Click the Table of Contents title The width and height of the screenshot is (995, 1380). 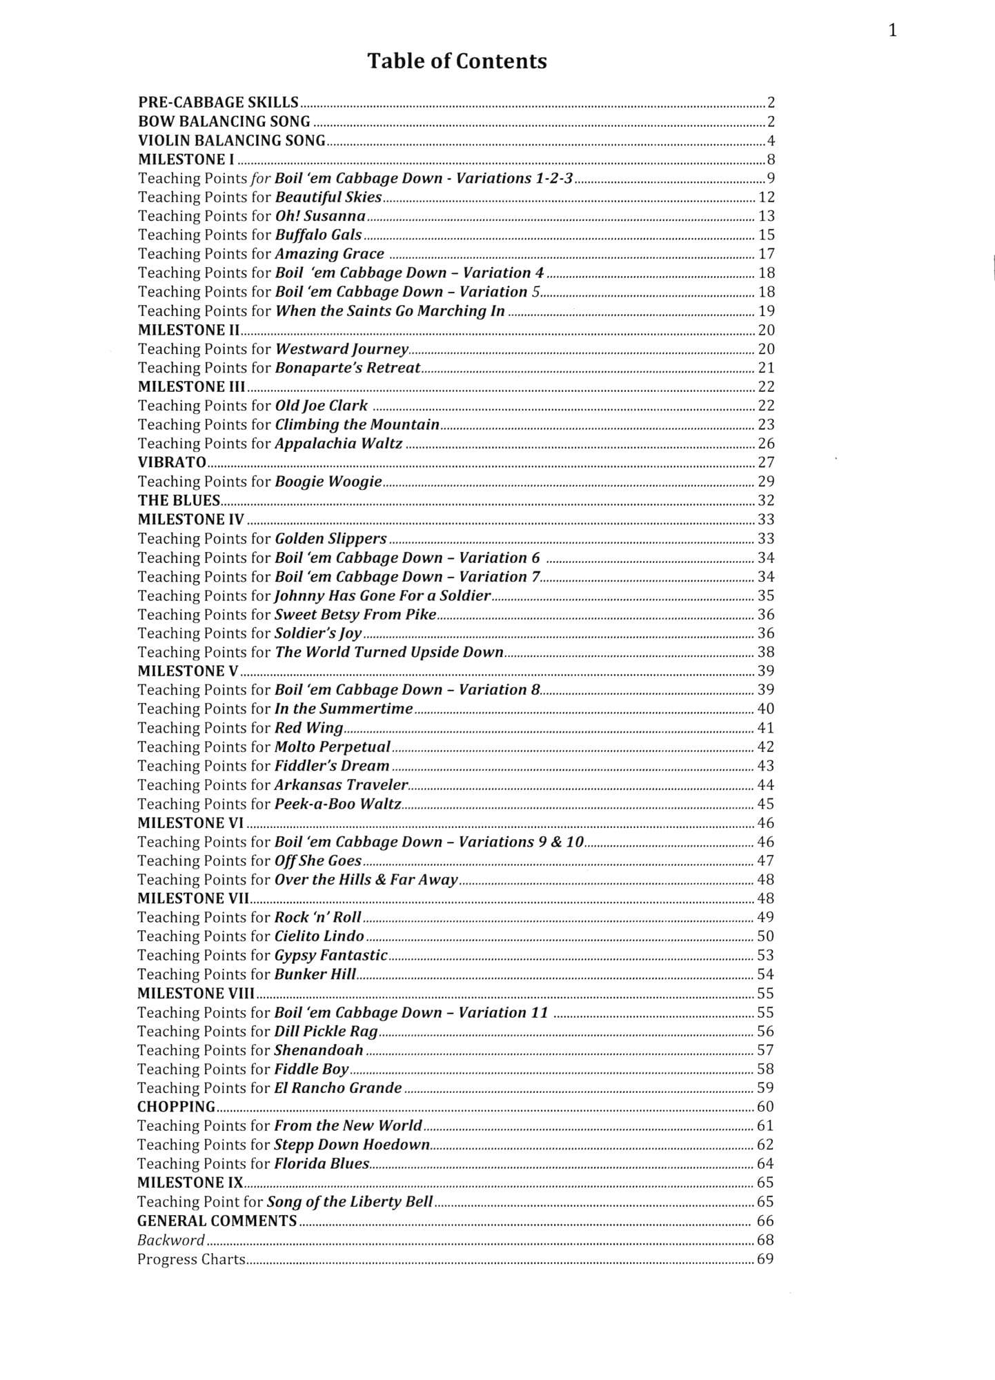pyautogui.click(x=457, y=61)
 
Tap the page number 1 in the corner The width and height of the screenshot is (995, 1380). pyautogui.click(x=892, y=30)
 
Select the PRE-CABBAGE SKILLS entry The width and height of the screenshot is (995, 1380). pyautogui.click(x=218, y=103)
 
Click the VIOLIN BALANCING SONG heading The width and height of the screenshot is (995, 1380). pyautogui.click(x=231, y=141)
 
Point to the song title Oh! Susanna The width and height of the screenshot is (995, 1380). pyautogui.click(x=320, y=216)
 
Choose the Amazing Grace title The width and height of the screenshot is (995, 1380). pyautogui.click(x=329, y=254)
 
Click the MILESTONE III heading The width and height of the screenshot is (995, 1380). pyautogui.click(x=191, y=386)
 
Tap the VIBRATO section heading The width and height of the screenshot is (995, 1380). pyautogui.click(x=172, y=462)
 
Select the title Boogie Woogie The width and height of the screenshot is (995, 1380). pyautogui.click(x=328, y=482)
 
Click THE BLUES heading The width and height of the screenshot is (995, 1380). pyautogui.click(x=179, y=500)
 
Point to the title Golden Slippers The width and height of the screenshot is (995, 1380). pyautogui.click(x=331, y=538)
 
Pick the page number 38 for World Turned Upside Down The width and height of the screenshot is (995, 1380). pyautogui.click(x=766, y=652)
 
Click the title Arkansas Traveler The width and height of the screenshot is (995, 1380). pyautogui.click(x=341, y=785)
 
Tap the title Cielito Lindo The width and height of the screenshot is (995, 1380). pyautogui.click(x=319, y=936)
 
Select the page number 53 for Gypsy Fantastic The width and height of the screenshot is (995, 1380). pyautogui.click(x=765, y=955)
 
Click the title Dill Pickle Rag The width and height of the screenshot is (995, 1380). pyautogui.click(x=326, y=1032)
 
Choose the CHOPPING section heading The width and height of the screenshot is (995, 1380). pyautogui.click(x=176, y=1107)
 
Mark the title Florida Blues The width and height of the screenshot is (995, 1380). pyautogui.click(x=321, y=1163)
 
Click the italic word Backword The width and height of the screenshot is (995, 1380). pyautogui.click(x=171, y=1240)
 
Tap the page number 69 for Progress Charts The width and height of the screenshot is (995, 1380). pyautogui.click(x=765, y=1259)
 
